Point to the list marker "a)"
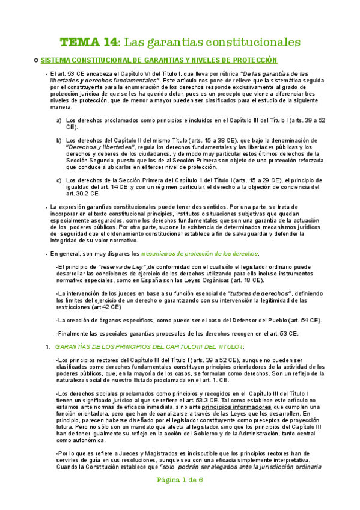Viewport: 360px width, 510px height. tap(59, 120)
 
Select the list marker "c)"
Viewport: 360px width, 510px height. tap(59, 180)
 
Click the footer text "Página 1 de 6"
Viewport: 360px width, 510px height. tap(180, 497)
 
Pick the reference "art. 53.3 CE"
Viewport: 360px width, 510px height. tap(204, 399)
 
